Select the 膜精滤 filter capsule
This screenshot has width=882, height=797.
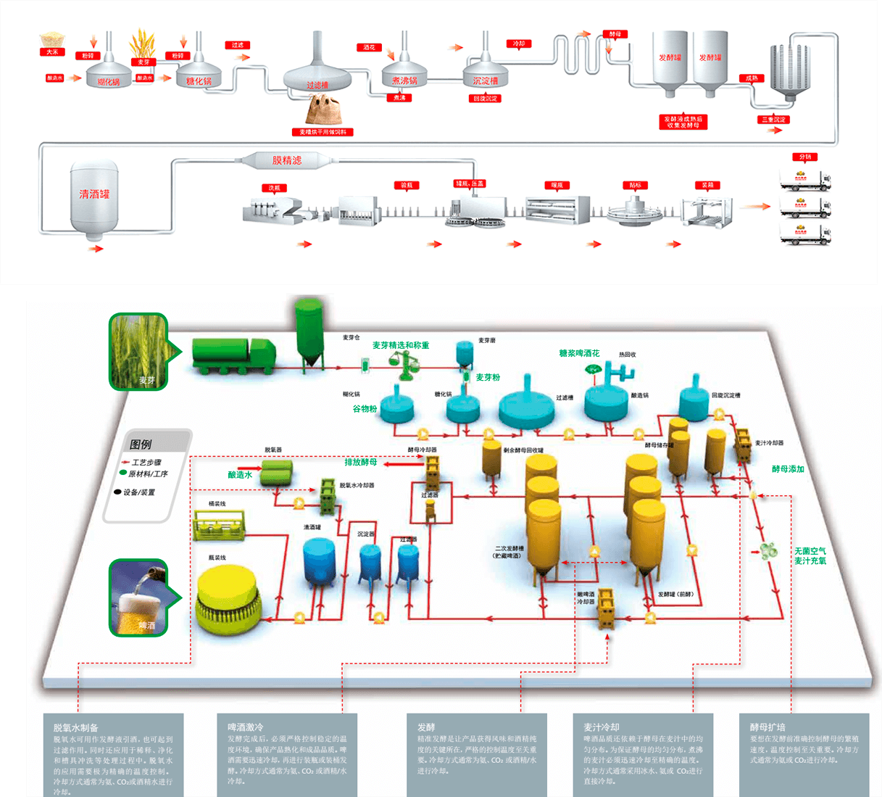286,160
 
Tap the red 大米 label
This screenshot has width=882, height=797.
52,52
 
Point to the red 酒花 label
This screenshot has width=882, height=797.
370,48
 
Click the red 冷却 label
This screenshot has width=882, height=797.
519,44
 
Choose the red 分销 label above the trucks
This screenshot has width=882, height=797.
805,157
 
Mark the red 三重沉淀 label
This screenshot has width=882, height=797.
774,120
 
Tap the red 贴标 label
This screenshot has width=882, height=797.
635,186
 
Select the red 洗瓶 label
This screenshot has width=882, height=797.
274,189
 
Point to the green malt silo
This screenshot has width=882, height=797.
310,334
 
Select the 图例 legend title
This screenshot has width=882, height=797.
141,444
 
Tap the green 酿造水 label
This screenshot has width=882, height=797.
240,475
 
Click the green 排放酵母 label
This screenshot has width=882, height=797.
360,462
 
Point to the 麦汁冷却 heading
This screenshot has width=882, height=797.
602,727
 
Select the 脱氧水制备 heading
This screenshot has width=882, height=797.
75,727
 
